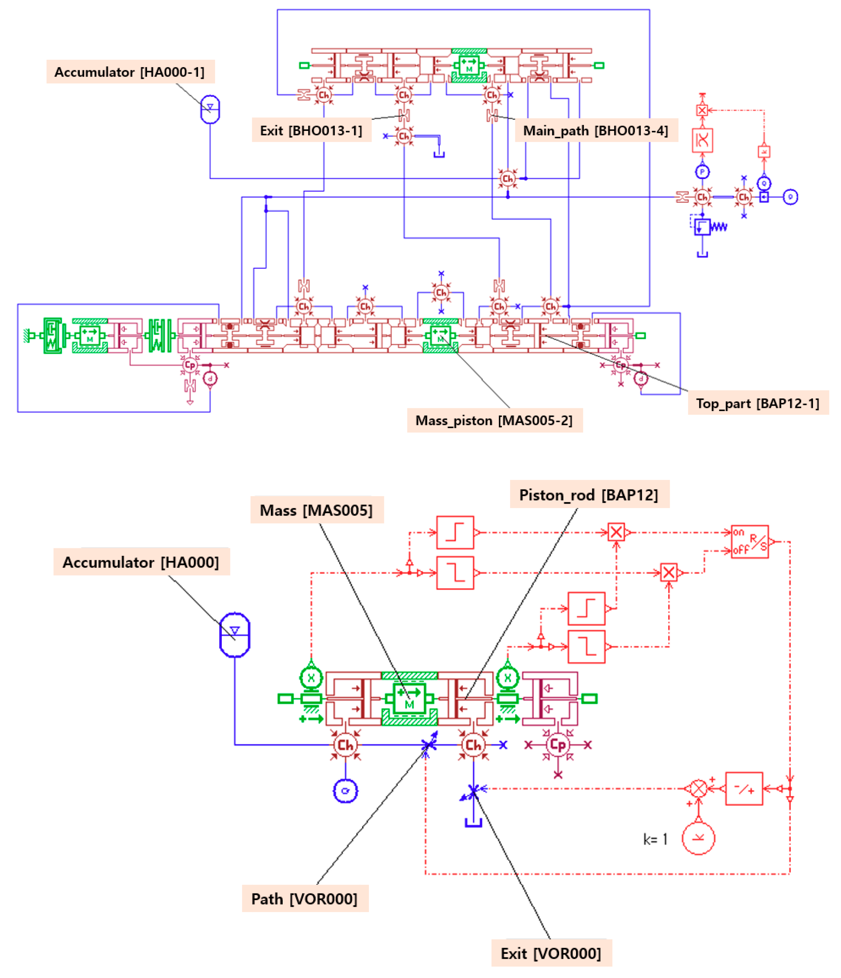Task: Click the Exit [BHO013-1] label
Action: pyautogui.click(x=311, y=130)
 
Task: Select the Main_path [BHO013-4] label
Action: pyautogui.click(x=595, y=130)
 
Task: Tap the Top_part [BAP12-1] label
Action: pyautogui.click(x=758, y=403)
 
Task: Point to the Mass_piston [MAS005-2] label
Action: pyautogui.click(x=494, y=420)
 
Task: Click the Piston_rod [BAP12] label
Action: pyautogui.click(x=588, y=495)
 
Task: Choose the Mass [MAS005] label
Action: pyautogui.click(x=316, y=510)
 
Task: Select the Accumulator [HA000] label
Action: pyautogui.click(x=141, y=562)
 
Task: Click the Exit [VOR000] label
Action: pyautogui.click(x=551, y=953)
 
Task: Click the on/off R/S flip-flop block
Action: pyautogui.click(x=749, y=542)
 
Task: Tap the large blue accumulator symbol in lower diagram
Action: pyautogui.click(x=235, y=634)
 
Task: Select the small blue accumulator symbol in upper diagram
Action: pyautogui.click(x=210, y=110)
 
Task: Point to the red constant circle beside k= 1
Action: pyautogui.click(x=698, y=838)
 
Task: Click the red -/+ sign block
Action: pyautogui.click(x=744, y=788)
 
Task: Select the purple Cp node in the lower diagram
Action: pyautogui.click(x=558, y=745)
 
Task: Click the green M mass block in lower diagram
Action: pyautogui.click(x=409, y=698)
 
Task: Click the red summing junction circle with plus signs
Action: pyautogui.click(x=698, y=788)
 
